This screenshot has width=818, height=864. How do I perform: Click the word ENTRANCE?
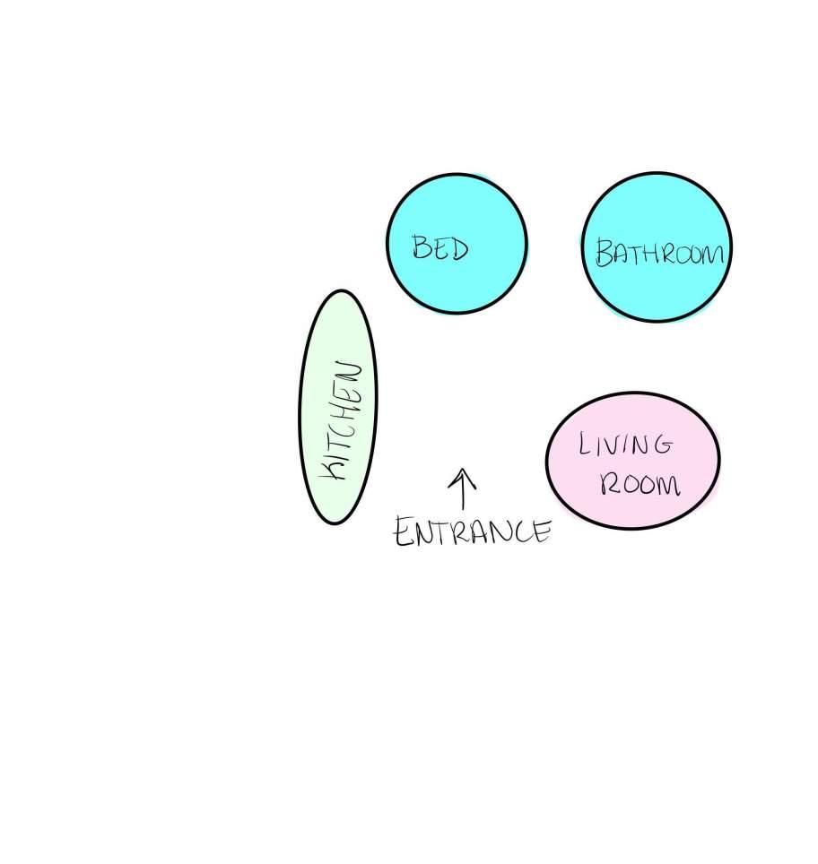[473, 532]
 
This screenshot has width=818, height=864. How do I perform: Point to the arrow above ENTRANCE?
[463, 489]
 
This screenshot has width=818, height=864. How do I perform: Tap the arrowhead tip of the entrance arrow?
[463, 471]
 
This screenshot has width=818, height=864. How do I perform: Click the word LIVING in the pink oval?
[625, 445]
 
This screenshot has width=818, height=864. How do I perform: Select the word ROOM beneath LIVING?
[640, 485]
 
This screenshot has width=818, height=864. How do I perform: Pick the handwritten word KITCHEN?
[343, 420]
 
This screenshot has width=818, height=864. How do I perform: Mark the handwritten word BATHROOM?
[659, 254]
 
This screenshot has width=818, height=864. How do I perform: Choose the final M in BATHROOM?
[709, 255]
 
